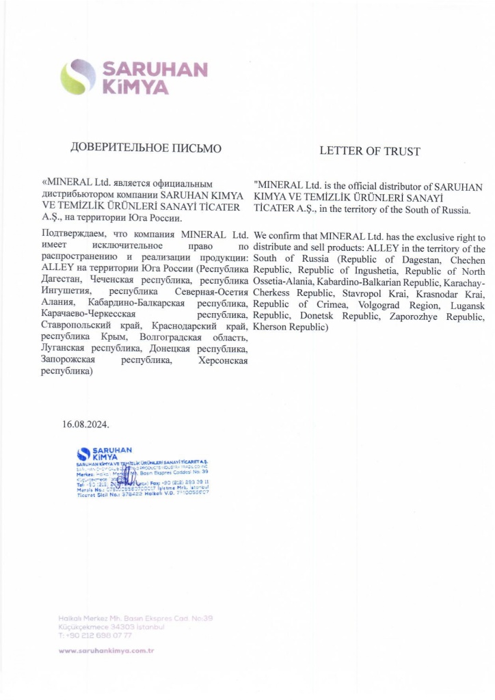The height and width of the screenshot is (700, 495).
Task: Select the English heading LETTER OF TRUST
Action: click(369, 151)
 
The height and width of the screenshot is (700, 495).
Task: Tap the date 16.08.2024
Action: click(85, 424)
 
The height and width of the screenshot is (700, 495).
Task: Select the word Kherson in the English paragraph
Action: click(268, 327)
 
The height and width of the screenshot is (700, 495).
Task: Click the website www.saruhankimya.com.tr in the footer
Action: click(106, 650)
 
